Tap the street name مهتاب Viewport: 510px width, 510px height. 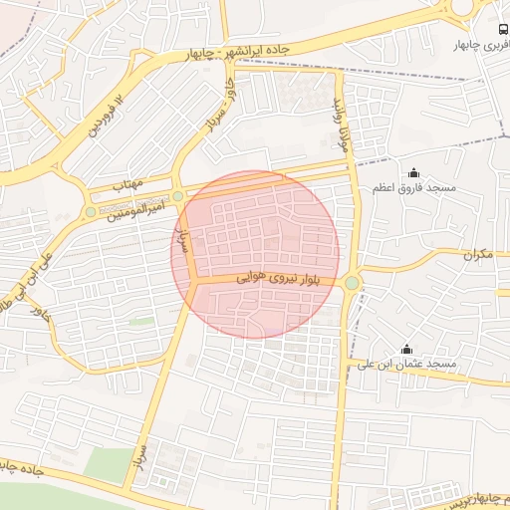click(128, 185)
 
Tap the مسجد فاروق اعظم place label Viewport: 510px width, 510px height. click(415, 188)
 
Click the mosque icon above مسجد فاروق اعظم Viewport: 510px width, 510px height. click(414, 173)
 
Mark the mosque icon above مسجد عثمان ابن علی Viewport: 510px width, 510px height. click(406, 350)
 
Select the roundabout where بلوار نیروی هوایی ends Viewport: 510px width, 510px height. click(352, 284)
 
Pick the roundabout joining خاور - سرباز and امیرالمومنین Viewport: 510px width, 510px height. click(178, 197)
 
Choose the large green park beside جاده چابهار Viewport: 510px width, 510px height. click(107, 464)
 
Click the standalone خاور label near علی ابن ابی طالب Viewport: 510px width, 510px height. click(40, 313)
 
